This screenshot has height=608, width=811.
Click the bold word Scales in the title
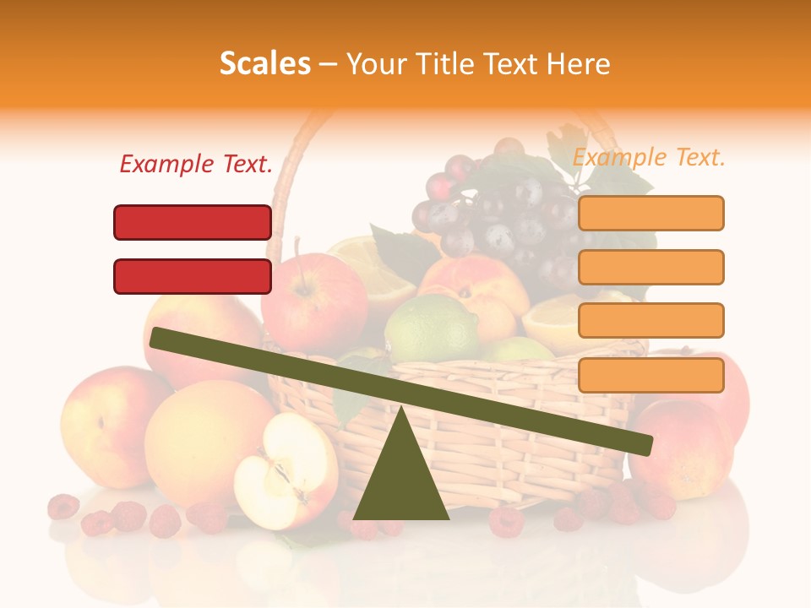[x=264, y=63]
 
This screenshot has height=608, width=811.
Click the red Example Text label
[x=196, y=164]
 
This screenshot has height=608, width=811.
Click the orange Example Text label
[x=649, y=157]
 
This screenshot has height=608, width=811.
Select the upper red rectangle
[x=193, y=222]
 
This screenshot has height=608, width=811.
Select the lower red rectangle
[x=193, y=276]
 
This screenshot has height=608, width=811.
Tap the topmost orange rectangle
[x=650, y=213]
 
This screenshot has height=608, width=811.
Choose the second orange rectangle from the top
[x=650, y=267]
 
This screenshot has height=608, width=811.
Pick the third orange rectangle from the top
[x=650, y=320]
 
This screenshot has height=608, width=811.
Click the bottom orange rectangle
[x=650, y=375]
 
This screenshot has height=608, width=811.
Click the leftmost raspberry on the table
[x=63, y=507]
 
